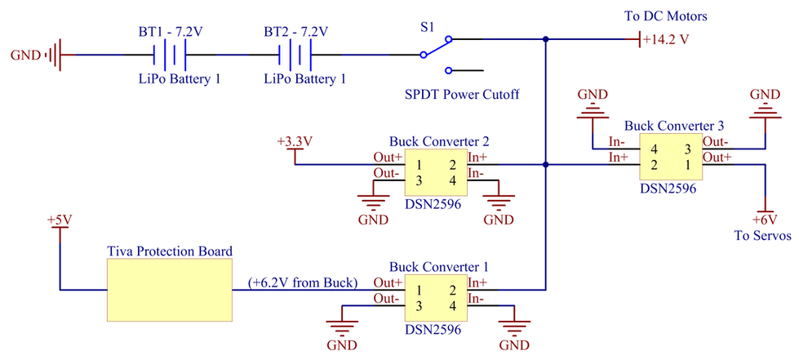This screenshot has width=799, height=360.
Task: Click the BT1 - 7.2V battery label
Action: (x=171, y=32)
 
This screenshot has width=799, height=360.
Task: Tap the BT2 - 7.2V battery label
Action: (x=295, y=32)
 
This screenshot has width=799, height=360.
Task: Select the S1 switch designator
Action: (x=428, y=29)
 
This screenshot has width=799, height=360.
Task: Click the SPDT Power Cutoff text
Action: (x=462, y=95)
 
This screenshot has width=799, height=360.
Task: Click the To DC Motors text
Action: (x=666, y=16)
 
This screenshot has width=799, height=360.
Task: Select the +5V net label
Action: (x=60, y=220)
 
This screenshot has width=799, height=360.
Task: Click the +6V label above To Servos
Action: (x=765, y=220)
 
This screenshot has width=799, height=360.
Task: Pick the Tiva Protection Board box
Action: (x=169, y=290)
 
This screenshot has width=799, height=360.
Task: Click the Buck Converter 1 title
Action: (x=439, y=266)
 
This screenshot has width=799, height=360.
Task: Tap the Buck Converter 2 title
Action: (x=439, y=140)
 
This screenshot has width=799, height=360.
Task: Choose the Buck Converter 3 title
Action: (x=674, y=126)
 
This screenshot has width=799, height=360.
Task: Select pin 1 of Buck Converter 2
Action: (x=419, y=165)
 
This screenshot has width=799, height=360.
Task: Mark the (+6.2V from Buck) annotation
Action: (x=302, y=282)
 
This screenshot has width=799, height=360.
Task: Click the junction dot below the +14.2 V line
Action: (x=546, y=165)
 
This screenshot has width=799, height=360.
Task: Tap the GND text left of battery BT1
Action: (x=25, y=55)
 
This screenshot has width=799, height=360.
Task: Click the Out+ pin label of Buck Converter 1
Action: (x=387, y=282)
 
